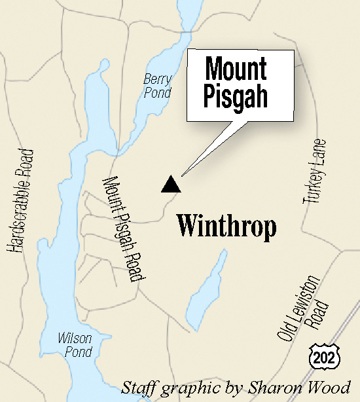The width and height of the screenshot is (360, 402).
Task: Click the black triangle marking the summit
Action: point(171,185)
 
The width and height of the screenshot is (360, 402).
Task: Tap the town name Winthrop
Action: point(226,227)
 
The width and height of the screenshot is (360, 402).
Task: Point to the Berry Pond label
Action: point(157,86)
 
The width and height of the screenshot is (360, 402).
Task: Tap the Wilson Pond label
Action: point(75,344)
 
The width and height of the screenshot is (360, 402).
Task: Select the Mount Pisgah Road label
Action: point(124,229)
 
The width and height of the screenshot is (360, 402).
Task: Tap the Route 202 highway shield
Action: point(317,356)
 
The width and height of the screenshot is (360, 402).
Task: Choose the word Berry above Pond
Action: point(158,80)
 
